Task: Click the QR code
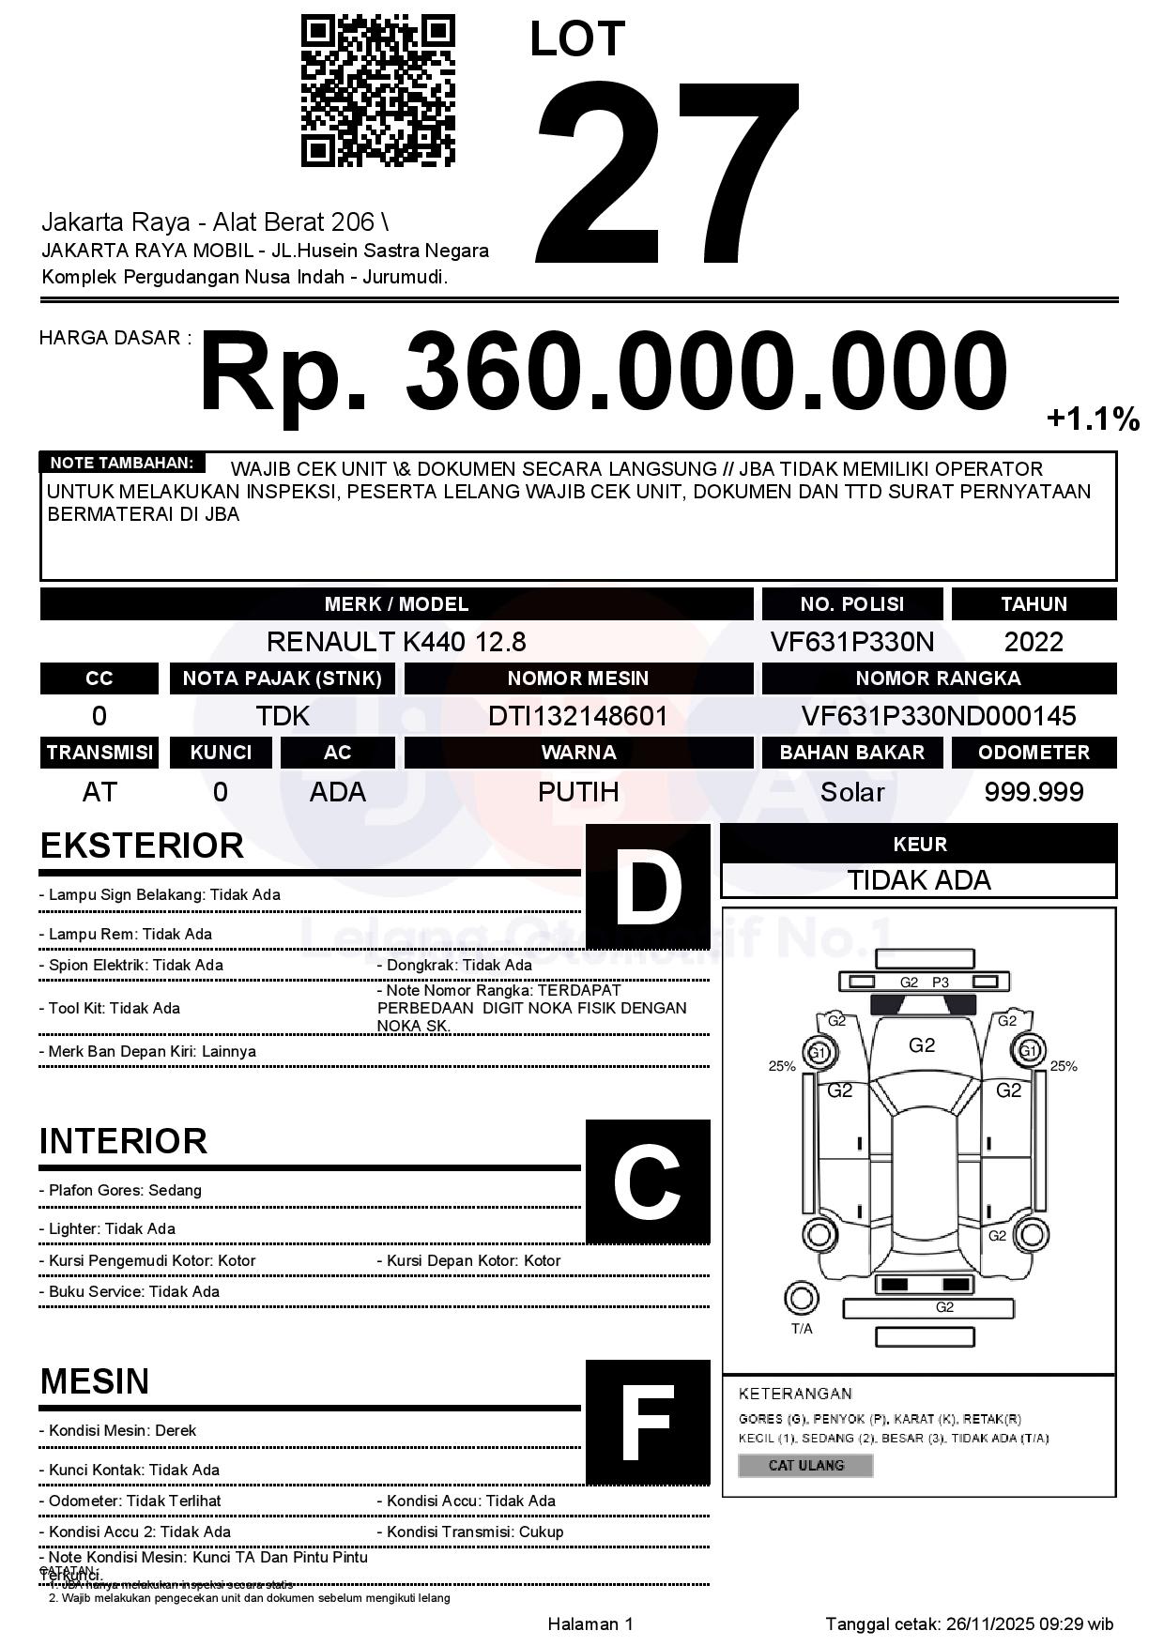click(x=377, y=90)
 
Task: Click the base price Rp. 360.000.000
click(x=603, y=372)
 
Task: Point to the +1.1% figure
click(x=1093, y=419)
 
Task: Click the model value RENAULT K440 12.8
click(x=396, y=642)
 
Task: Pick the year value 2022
click(x=1034, y=642)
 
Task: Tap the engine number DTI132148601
click(x=578, y=716)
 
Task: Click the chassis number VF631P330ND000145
click(x=939, y=716)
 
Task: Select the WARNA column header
click(x=578, y=753)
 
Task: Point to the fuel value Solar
click(x=852, y=792)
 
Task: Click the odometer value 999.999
click(x=1034, y=792)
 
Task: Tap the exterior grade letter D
click(x=648, y=887)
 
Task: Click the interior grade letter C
click(x=648, y=1182)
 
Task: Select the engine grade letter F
click(x=648, y=1423)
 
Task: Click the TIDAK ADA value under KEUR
click(x=919, y=880)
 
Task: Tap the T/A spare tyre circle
click(x=801, y=1299)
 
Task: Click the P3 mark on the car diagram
click(x=941, y=983)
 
